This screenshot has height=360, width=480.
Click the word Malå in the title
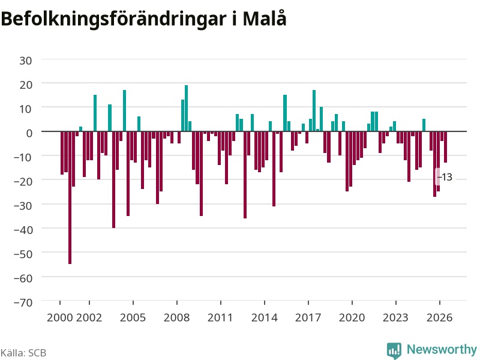[265, 19]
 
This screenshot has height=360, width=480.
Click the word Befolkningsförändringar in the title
[113, 20]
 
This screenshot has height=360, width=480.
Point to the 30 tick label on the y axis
[26, 61]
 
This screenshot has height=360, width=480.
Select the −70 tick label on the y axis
[23, 302]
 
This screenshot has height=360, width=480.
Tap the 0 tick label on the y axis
[29, 133]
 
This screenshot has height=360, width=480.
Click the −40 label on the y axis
[23, 230]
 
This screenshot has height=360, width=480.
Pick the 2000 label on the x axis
[59, 317]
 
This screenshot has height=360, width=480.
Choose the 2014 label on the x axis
[265, 317]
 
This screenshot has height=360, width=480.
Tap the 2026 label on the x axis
[440, 317]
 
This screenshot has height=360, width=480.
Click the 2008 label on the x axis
[176, 317]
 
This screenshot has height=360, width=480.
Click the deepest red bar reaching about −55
[70, 197]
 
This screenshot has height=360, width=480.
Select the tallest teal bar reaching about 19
[186, 109]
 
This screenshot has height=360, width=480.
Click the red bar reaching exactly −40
[113, 179]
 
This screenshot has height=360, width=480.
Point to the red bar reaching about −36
[245, 175]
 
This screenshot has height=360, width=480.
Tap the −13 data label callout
[445, 177]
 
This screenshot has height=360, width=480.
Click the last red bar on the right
[445, 147]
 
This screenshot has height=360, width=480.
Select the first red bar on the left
[62, 153]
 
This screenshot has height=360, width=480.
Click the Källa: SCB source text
[23, 353]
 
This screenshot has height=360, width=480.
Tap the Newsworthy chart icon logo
[394, 350]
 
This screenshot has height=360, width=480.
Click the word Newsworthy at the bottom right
[442, 349]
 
